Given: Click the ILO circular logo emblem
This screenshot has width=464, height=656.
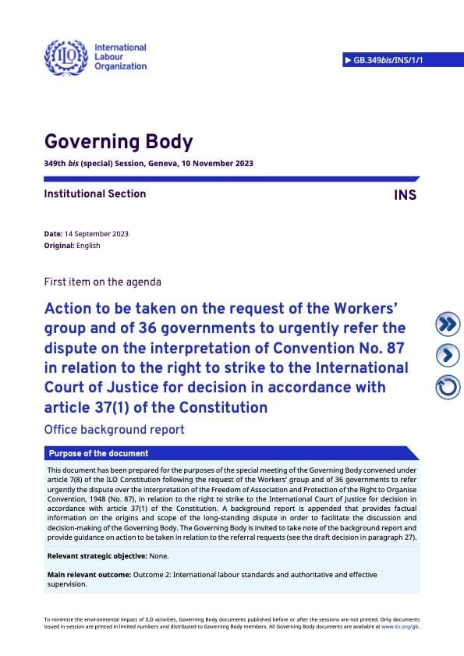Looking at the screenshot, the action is [66, 55].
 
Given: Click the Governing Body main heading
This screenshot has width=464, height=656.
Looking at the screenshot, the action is [119, 143].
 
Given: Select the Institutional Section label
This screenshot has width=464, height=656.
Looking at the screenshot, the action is [95, 193].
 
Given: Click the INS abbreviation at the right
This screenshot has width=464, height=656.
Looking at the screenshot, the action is [406, 195].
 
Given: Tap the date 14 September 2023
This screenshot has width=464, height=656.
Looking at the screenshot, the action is [97, 234].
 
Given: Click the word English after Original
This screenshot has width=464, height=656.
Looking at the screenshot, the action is [88, 246].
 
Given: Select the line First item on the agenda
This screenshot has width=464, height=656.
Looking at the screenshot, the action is [103, 282].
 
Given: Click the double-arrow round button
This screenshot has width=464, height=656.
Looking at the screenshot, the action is [447, 323].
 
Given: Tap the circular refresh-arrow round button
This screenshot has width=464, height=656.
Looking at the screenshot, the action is [447, 386].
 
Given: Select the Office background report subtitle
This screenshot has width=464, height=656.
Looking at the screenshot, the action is [115, 429].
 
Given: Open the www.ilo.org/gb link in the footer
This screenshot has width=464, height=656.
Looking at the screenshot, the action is [402, 626].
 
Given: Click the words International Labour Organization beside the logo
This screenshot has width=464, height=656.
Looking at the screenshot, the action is [119, 56].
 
